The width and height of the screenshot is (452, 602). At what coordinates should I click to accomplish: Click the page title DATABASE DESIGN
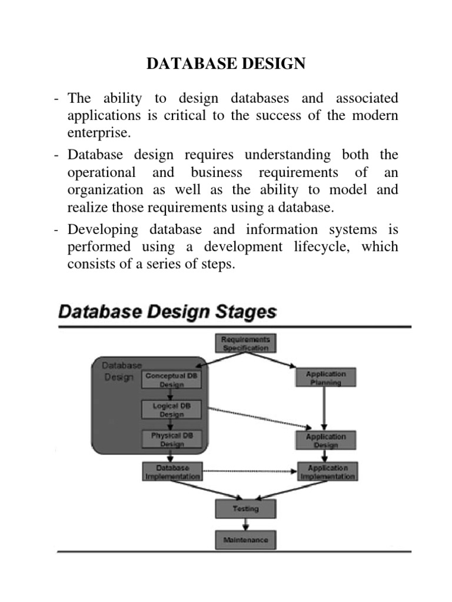tap(226, 64)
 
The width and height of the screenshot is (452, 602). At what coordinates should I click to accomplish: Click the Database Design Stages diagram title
tap(167, 312)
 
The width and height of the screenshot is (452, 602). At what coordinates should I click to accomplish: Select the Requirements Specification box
tap(246, 343)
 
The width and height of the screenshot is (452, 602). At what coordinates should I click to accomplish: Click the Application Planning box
tap(325, 378)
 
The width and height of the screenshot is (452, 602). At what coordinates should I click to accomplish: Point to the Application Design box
tap(325, 441)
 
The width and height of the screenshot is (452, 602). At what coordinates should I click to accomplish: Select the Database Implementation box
tap(172, 472)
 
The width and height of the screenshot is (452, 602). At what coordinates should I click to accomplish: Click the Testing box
tap(246, 509)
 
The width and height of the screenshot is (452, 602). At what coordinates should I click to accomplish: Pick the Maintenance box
tap(246, 540)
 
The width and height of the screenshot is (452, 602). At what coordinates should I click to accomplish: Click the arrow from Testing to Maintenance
tap(246, 524)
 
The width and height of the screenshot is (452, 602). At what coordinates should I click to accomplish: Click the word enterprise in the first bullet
tap(98, 132)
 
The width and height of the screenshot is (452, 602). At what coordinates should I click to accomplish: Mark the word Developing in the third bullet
tap(103, 229)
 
